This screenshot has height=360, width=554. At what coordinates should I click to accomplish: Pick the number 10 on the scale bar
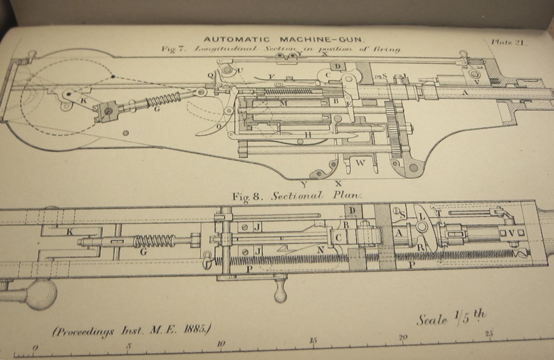(221, 343)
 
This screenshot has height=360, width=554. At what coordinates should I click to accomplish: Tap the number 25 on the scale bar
(489, 333)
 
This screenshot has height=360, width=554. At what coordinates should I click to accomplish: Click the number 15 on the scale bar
(313, 340)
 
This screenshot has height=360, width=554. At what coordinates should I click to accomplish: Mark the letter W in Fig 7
(360, 162)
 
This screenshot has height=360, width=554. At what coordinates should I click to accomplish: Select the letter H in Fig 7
(308, 134)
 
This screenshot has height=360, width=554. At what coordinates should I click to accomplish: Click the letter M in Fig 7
(283, 104)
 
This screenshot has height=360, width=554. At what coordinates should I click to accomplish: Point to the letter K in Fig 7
(84, 101)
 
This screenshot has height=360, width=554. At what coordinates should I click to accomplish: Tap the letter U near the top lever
(240, 70)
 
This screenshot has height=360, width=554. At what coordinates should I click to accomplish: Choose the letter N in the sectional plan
(320, 250)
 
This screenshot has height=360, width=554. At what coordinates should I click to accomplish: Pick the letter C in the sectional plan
(338, 238)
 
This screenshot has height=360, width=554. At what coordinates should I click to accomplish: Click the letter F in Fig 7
(271, 77)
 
